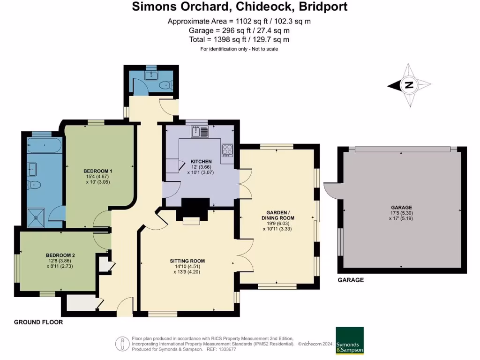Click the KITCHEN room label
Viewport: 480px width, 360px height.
[x=201, y=161]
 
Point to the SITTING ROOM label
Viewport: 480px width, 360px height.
[x=187, y=261]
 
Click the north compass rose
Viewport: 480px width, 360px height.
[x=409, y=85]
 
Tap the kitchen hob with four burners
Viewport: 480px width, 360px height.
[x=227, y=150]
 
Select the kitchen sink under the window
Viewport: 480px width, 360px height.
[x=200, y=132]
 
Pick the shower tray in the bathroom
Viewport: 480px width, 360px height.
[x=37, y=217]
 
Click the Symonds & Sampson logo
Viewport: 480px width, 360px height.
[x=350, y=340]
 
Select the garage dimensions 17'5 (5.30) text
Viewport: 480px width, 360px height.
[x=402, y=213]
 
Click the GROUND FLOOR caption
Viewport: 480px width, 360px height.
[x=38, y=322]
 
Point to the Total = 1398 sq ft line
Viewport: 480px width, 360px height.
[x=239, y=39]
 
